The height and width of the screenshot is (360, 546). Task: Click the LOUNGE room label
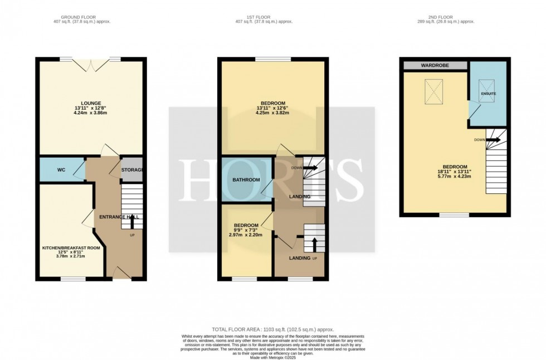coord(91,103)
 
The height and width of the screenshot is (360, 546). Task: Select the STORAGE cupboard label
coord(133,169)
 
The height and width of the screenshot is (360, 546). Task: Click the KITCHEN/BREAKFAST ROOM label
coord(71,247)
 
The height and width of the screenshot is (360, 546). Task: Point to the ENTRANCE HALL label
coord(119,216)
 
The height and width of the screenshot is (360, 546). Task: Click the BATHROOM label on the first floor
coord(246,180)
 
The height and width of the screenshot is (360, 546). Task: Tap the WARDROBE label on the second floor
coord(435,65)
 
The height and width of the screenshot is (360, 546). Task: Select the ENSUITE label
coord(489,94)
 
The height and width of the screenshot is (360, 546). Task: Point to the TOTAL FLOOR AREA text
coord(272,330)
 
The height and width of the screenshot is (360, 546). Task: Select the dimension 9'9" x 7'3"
coord(246,231)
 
